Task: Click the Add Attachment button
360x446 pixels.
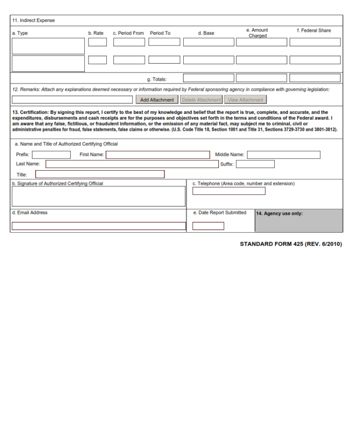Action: point(157,100)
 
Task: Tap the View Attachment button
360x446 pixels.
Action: point(245,100)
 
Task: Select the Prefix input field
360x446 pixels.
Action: point(51,155)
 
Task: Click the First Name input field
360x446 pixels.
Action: point(157,155)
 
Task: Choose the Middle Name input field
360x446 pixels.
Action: point(284,155)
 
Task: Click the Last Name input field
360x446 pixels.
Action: point(132,164)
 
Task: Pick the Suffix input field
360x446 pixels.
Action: point(255,164)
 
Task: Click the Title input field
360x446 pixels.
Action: point(100,174)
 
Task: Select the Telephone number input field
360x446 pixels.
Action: point(229,191)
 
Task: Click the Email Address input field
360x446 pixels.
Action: point(98,226)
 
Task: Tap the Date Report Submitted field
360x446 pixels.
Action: point(208,226)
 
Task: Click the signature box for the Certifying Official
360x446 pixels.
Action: point(98,197)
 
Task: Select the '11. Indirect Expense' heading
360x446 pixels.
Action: point(33,21)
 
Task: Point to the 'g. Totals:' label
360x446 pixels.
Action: point(157,79)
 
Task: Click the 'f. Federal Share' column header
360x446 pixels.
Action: point(314,30)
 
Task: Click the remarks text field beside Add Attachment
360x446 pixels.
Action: point(72,100)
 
